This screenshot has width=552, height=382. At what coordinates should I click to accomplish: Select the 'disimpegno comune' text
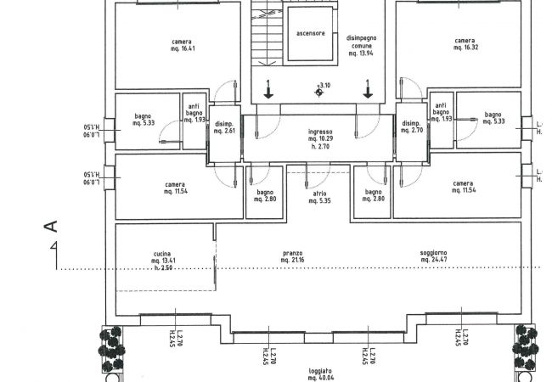pos(363,42)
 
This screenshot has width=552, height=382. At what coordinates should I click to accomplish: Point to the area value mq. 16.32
pos(464,48)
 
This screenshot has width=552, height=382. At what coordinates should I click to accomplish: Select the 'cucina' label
pos(163,253)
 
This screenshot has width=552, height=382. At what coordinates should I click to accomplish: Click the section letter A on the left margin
pos(50,226)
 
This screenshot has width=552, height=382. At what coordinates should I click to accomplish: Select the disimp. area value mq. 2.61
pos(224,131)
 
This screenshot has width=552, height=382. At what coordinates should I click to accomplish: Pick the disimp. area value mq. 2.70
pos(412,131)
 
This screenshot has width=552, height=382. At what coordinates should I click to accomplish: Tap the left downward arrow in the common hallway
pos(268,88)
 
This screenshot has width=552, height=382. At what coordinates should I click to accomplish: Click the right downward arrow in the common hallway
pos(368,88)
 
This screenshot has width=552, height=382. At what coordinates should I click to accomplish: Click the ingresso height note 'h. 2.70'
pos(320,145)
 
